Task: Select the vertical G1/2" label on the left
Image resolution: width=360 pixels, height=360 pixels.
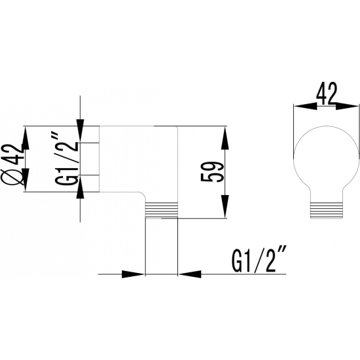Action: (x=66, y=158)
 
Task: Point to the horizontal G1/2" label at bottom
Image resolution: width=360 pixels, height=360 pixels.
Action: (x=259, y=259)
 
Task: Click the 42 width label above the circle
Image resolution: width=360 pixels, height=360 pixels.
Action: (x=326, y=94)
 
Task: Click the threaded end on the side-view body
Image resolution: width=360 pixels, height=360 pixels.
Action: (x=162, y=209)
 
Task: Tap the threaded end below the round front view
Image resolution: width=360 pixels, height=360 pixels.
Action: (x=327, y=210)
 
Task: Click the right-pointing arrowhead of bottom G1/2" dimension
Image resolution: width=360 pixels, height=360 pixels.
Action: (x=133, y=274)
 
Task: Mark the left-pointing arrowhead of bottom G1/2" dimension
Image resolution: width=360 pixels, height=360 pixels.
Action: (x=190, y=274)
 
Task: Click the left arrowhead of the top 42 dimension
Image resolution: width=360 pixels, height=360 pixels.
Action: (x=306, y=106)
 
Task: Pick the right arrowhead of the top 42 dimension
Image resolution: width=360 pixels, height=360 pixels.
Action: (x=347, y=106)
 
